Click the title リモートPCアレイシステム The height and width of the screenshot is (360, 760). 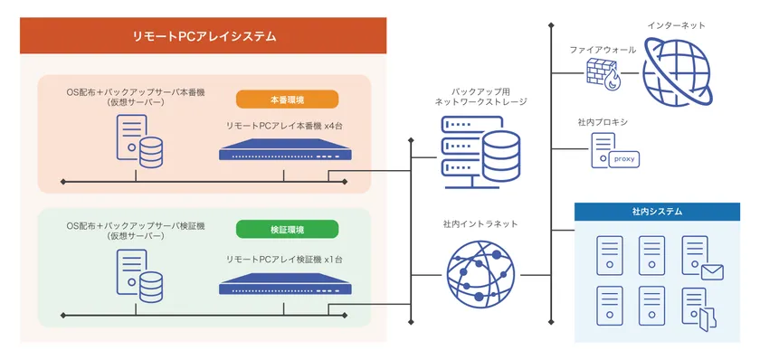[204, 37]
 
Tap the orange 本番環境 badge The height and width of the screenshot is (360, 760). [287, 99]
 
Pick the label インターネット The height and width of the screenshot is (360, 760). [677, 25]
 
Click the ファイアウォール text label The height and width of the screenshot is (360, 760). [603, 49]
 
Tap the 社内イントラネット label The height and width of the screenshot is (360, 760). [480, 223]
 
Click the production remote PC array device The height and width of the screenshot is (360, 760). [283, 150]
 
